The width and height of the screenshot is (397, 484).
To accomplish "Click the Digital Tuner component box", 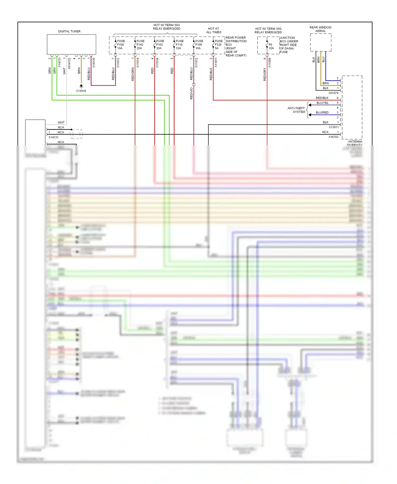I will point(71,44).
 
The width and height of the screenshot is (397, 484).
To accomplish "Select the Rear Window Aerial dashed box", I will point(321,42).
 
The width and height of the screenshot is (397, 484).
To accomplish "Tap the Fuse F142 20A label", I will point(140,44).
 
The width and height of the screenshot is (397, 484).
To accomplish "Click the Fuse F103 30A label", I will point(160,44).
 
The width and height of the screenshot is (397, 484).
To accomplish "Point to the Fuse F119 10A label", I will point(179,44).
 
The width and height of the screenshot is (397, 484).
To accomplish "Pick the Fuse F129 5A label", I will point(218,44).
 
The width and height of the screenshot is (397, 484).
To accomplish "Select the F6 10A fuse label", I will point(271,46).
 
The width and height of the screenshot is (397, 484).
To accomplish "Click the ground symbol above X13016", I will point(81,86).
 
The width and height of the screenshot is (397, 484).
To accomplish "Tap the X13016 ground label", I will point(81,91).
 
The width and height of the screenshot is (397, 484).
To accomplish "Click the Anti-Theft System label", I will point(296,110).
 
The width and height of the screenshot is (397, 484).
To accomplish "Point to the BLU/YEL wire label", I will point(322,103).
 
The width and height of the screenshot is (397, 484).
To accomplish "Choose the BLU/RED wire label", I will point(322,113).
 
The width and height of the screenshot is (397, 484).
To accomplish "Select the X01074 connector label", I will point(333,93).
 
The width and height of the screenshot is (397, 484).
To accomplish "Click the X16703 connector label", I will point(333,137).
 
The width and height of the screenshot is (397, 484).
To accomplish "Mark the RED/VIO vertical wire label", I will point(191,93).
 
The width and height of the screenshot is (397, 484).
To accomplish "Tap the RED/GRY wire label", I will point(265,74).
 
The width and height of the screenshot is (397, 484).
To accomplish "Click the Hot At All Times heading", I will point(214,30).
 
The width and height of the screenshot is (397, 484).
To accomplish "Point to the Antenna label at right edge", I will point(355,142).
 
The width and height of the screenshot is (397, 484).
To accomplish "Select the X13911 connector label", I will point(333,127).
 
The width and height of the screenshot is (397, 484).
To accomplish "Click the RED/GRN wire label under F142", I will point(133,74).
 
